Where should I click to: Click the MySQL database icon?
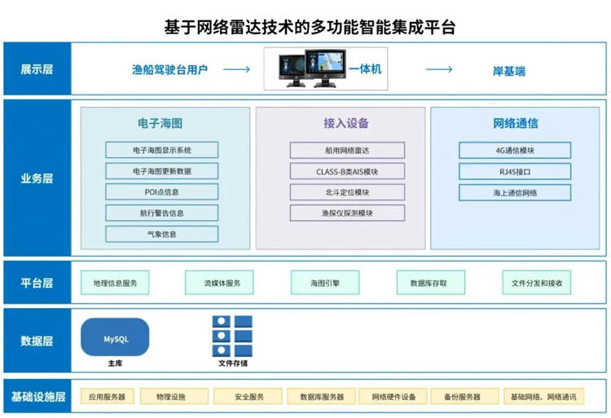tap(115, 337)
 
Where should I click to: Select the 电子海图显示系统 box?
tap(161, 150)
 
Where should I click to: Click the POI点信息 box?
tap(161, 192)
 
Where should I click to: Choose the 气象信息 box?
tap(161, 234)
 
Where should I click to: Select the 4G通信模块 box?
tap(514, 150)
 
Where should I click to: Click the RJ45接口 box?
tap(514, 171)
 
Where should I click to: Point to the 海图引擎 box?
tap(324, 283)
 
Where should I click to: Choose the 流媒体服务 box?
tap(222, 283)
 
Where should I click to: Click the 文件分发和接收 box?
tap(536, 283)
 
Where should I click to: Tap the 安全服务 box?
tap(248, 397)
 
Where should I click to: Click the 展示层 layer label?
tap(37, 69)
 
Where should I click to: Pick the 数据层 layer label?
tap(37, 341)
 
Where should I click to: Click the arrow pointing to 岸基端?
tap(439, 70)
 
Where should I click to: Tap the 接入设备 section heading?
tap(346, 124)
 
